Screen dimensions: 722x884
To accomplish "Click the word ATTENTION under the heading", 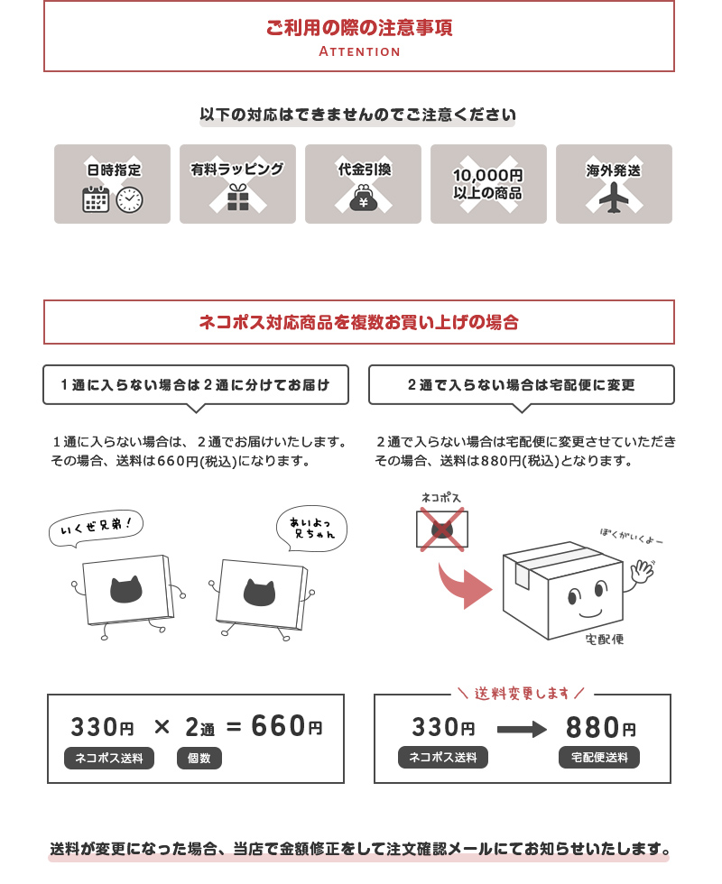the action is [x=359, y=51].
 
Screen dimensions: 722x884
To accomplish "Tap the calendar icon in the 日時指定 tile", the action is [x=96, y=199].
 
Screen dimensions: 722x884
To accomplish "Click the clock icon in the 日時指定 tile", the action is [x=130, y=199].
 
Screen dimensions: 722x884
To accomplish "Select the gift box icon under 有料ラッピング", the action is [x=238, y=198].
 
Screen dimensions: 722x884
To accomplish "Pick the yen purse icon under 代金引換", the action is [x=364, y=198].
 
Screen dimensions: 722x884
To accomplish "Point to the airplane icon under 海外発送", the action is [x=614, y=198].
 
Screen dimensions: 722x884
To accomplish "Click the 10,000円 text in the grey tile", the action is [x=488, y=175].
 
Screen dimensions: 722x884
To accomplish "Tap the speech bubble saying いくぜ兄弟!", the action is [x=96, y=529].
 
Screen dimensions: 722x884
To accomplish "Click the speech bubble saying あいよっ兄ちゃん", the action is [x=311, y=529].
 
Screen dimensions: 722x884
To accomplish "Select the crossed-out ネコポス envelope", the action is [x=442, y=529].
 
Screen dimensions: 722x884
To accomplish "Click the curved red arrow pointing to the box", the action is [x=464, y=586].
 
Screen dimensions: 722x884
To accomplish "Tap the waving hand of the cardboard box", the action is [x=642, y=570].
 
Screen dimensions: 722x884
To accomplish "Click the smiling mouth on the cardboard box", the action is [x=590, y=612].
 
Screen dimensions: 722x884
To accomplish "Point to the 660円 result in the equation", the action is [x=287, y=726].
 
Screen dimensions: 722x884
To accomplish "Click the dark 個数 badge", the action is [x=199, y=759].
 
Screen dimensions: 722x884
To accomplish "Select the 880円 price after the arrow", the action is [x=601, y=727].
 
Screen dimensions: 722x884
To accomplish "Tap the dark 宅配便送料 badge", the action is [x=599, y=757].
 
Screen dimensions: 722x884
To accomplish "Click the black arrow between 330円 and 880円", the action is [x=522, y=729].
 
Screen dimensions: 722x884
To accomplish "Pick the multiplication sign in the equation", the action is [x=162, y=727].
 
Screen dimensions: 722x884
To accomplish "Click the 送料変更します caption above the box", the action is [x=522, y=693].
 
